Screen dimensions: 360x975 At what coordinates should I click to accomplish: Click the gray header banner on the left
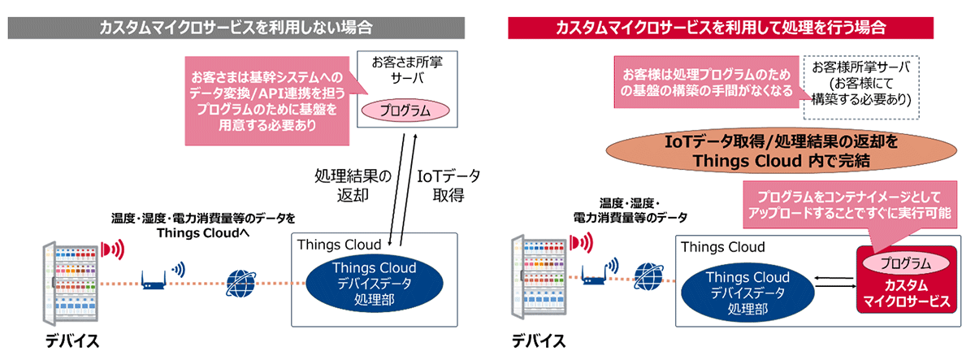point(236,27)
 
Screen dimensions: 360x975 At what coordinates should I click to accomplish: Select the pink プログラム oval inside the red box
point(906,262)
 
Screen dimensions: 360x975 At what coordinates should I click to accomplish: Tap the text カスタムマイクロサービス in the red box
point(906,293)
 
